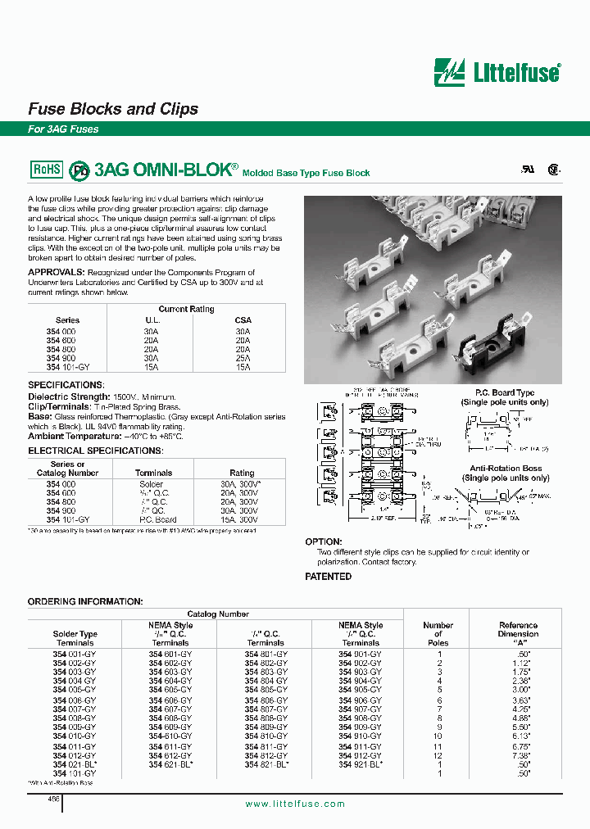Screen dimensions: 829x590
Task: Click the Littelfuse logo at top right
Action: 497,72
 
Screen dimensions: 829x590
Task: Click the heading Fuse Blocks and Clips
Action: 113,109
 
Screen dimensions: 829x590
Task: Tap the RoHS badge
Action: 46,169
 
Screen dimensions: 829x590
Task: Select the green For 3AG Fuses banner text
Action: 63,129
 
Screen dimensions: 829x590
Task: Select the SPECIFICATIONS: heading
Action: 66,385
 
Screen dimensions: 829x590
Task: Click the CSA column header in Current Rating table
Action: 243,320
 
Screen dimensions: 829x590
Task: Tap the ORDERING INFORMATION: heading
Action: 85,601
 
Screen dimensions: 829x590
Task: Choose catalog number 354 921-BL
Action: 361,763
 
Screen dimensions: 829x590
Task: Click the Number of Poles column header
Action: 438,633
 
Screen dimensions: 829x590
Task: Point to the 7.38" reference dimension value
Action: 518,754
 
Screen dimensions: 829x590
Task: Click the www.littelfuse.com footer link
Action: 295,804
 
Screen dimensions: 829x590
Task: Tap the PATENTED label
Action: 329,577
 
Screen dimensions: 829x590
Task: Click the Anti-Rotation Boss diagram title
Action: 506,469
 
